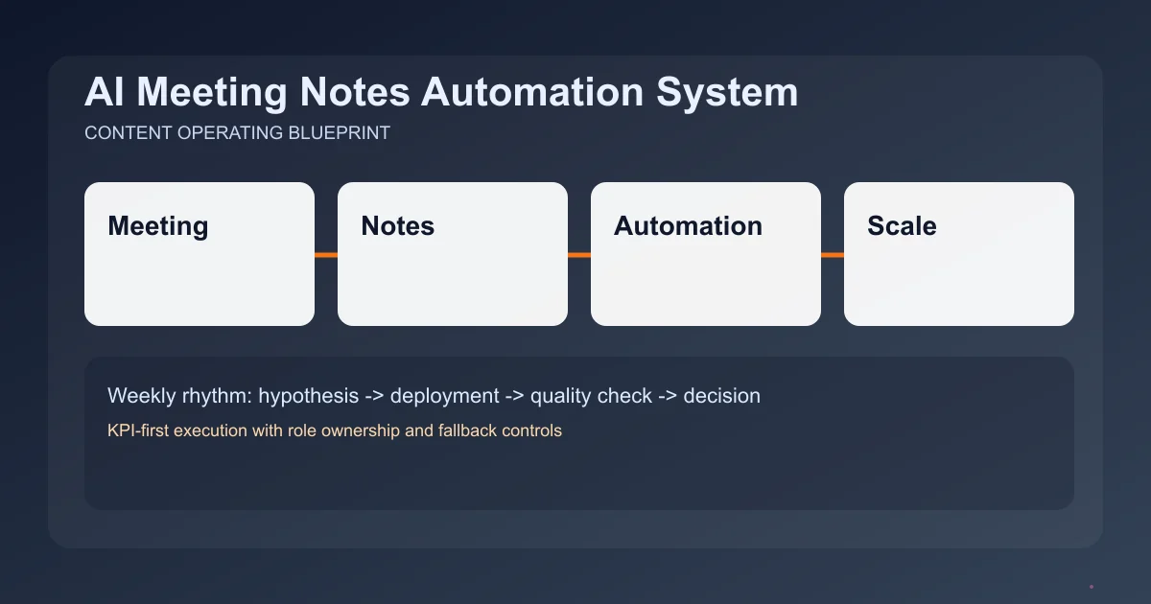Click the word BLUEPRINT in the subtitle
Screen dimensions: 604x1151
[x=339, y=133]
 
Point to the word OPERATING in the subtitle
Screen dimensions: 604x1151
[x=230, y=133]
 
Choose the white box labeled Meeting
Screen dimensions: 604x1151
[x=200, y=254]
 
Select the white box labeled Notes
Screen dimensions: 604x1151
[x=453, y=254]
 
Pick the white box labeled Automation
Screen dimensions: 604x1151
[x=706, y=254]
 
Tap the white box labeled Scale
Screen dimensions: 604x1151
[x=959, y=254]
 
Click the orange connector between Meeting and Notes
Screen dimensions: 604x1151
[x=326, y=255]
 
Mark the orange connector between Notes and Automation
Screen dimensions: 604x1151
[x=579, y=255]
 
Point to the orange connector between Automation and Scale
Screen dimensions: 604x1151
[x=833, y=255]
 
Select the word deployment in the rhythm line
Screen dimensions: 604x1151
[x=444, y=395]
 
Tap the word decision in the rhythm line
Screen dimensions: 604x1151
[x=721, y=395]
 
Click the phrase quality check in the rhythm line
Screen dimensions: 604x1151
[x=591, y=395]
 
